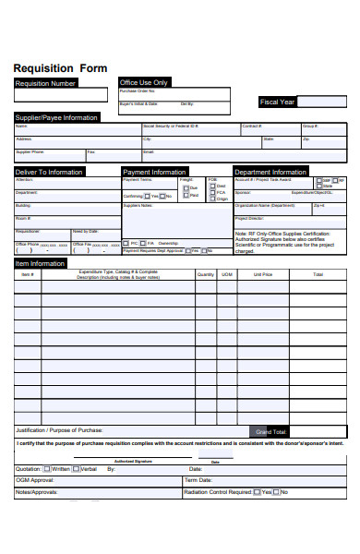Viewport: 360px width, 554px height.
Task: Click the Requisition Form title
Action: click(x=60, y=68)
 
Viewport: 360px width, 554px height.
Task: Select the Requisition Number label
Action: click(x=45, y=83)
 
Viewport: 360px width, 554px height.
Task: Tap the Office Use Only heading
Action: click(x=144, y=82)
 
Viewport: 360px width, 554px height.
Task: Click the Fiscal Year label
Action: click(x=277, y=102)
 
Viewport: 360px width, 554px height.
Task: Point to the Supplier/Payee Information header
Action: click(x=56, y=117)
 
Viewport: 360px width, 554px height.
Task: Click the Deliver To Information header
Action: click(x=49, y=172)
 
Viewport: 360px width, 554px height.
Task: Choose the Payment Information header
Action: click(x=155, y=172)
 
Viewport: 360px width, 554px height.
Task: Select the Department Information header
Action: click(x=270, y=172)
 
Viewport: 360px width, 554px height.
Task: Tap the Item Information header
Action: click(x=40, y=263)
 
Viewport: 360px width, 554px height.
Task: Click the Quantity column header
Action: click(x=205, y=274)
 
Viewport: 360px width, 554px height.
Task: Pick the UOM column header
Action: click(x=227, y=274)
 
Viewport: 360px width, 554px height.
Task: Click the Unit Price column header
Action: click(x=262, y=274)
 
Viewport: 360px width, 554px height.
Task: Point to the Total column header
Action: click(x=318, y=274)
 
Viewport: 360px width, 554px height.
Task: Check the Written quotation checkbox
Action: click(x=46, y=469)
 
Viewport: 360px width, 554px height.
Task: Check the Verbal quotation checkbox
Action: click(x=77, y=469)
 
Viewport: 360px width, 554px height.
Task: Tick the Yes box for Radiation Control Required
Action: click(x=258, y=492)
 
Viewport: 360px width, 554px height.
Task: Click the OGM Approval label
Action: click(x=36, y=480)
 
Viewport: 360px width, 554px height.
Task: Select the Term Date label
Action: click(x=198, y=480)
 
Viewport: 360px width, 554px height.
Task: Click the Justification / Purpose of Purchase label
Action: click(x=58, y=430)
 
